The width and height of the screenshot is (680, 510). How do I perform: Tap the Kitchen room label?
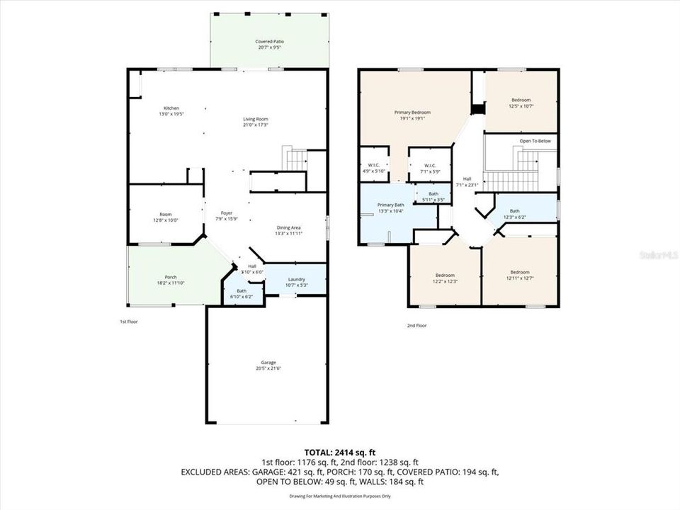(x=171, y=108)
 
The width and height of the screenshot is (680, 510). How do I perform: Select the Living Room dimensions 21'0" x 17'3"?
(x=256, y=125)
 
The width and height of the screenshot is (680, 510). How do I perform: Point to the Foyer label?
(x=227, y=212)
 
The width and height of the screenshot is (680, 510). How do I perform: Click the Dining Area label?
(x=288, y=227)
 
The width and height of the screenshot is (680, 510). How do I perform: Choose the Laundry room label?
(x=295, y=279)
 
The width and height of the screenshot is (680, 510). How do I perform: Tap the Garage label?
(x=267, y=363)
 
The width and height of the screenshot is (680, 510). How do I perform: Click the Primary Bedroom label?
(x=412, y=113)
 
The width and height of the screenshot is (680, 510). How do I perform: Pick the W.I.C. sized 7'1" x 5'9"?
(x=429, y=166)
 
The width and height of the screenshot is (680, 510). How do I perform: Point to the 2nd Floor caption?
(x=416, y=326)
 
